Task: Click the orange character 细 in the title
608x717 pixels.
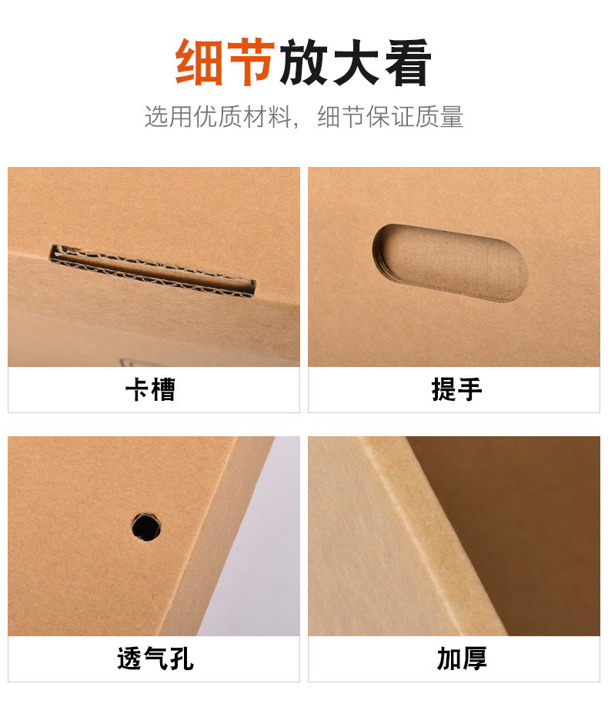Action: (200, 62)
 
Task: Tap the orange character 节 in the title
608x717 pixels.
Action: (251, 62)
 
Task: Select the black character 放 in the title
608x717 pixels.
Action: (304, 62)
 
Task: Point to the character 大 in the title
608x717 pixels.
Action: (356, 62)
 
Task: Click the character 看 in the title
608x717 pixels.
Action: (408, 62)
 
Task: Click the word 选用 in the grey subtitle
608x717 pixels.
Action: (168, 117)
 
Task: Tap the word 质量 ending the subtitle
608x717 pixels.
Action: (439, 117)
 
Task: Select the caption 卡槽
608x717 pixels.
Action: (151, 389)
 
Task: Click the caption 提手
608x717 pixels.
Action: (456, 389)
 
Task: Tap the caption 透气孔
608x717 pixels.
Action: (155, 659)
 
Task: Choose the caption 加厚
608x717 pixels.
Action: (462, 659)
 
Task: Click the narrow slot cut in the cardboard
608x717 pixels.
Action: (152, 271)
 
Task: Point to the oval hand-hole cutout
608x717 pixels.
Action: (450, 263)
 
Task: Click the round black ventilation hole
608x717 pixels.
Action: (146, 527)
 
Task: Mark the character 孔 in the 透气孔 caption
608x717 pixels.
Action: (182, 659)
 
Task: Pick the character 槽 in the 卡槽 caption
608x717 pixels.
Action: (163, 389)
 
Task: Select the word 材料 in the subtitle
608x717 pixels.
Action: (268, 117)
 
